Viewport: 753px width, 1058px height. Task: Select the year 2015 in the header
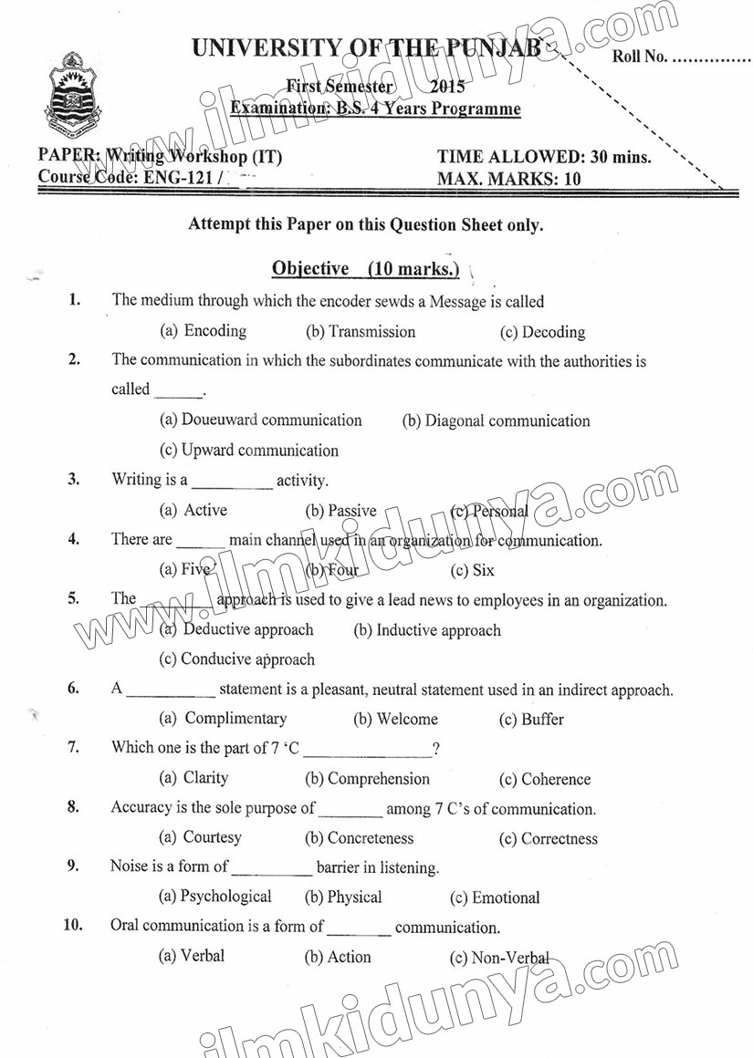(x=446, y=88)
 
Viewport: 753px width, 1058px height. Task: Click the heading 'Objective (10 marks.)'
(x=365, y=268)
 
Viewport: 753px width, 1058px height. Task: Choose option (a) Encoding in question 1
(x=204, y=331)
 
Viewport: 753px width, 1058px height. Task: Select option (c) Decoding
(x=542, y=332)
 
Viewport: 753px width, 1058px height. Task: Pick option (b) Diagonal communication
(x=496, y=420)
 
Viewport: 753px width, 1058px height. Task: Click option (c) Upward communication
(x=249, y=450)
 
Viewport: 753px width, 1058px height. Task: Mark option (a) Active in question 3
(x=193, y=510)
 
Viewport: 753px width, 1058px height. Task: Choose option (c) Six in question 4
(x=473, y=570)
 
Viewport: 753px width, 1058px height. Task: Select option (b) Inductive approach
(x=427, y=630)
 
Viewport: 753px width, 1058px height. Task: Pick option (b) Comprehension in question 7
(x=367, y=779)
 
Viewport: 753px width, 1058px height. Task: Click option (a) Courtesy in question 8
(x=201, y=837)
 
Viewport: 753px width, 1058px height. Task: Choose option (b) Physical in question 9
(x=343, y=897)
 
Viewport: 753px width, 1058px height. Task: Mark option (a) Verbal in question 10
(x=192, y=956)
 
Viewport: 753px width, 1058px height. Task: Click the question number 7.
(x=72, y=747)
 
